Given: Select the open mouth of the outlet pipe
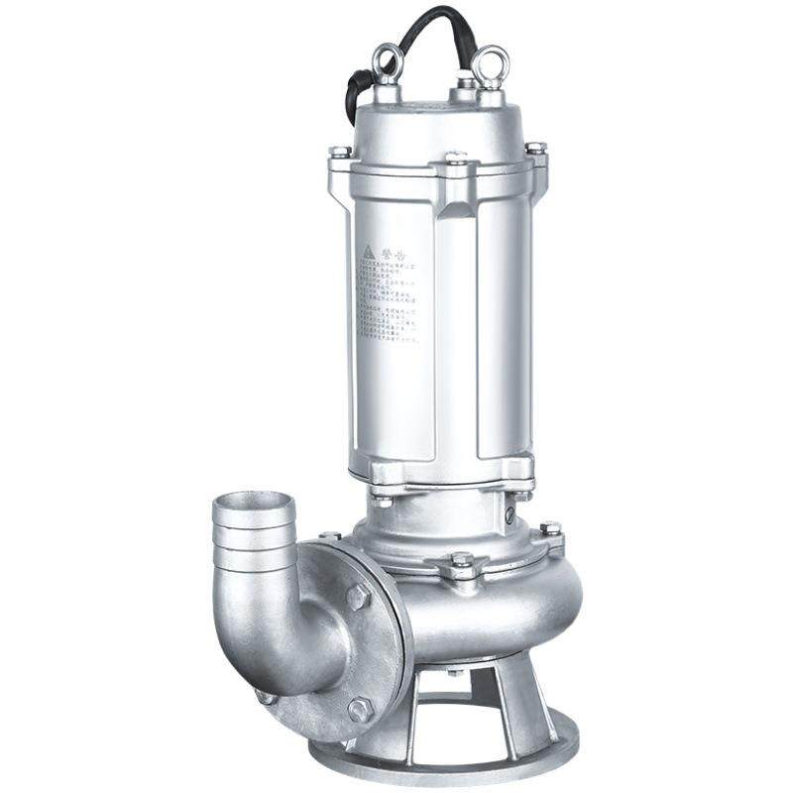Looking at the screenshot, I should [x=254, y=510].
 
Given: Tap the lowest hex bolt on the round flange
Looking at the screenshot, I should [x=360, y=710].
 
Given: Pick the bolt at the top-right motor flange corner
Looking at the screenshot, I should [x=535, y=149].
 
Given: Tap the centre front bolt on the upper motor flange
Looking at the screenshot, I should [x=456, y=159].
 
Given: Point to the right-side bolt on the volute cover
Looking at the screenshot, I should [x=550, y=529].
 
